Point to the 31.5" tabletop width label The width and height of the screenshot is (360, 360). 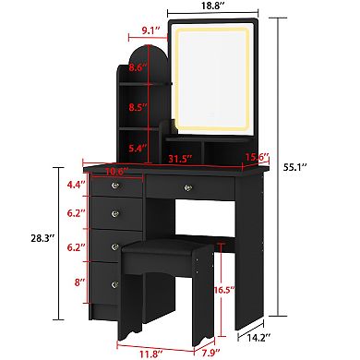click(192, 158)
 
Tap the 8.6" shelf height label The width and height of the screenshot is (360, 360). click(137, 67)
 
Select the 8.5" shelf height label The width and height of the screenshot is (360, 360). click(137, 108)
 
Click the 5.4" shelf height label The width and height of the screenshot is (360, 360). click(136, 147)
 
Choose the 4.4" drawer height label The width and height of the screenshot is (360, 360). click(76, 185)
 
